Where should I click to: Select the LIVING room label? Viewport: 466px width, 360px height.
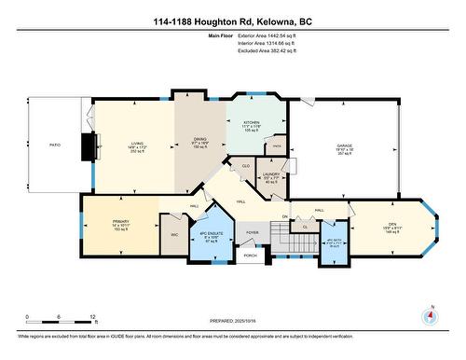click(137, 144)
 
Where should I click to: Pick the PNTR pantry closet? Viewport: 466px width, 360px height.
click(276, 147)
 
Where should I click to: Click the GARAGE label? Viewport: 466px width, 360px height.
click(344, 145)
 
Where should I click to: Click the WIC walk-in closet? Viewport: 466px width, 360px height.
click(173, 235)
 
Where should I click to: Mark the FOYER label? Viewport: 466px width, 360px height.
click(252, 232)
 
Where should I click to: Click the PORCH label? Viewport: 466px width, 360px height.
click(250, 255)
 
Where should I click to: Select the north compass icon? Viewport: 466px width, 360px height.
click(430, 315)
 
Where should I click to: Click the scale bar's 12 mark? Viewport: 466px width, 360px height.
click(92, 318)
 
